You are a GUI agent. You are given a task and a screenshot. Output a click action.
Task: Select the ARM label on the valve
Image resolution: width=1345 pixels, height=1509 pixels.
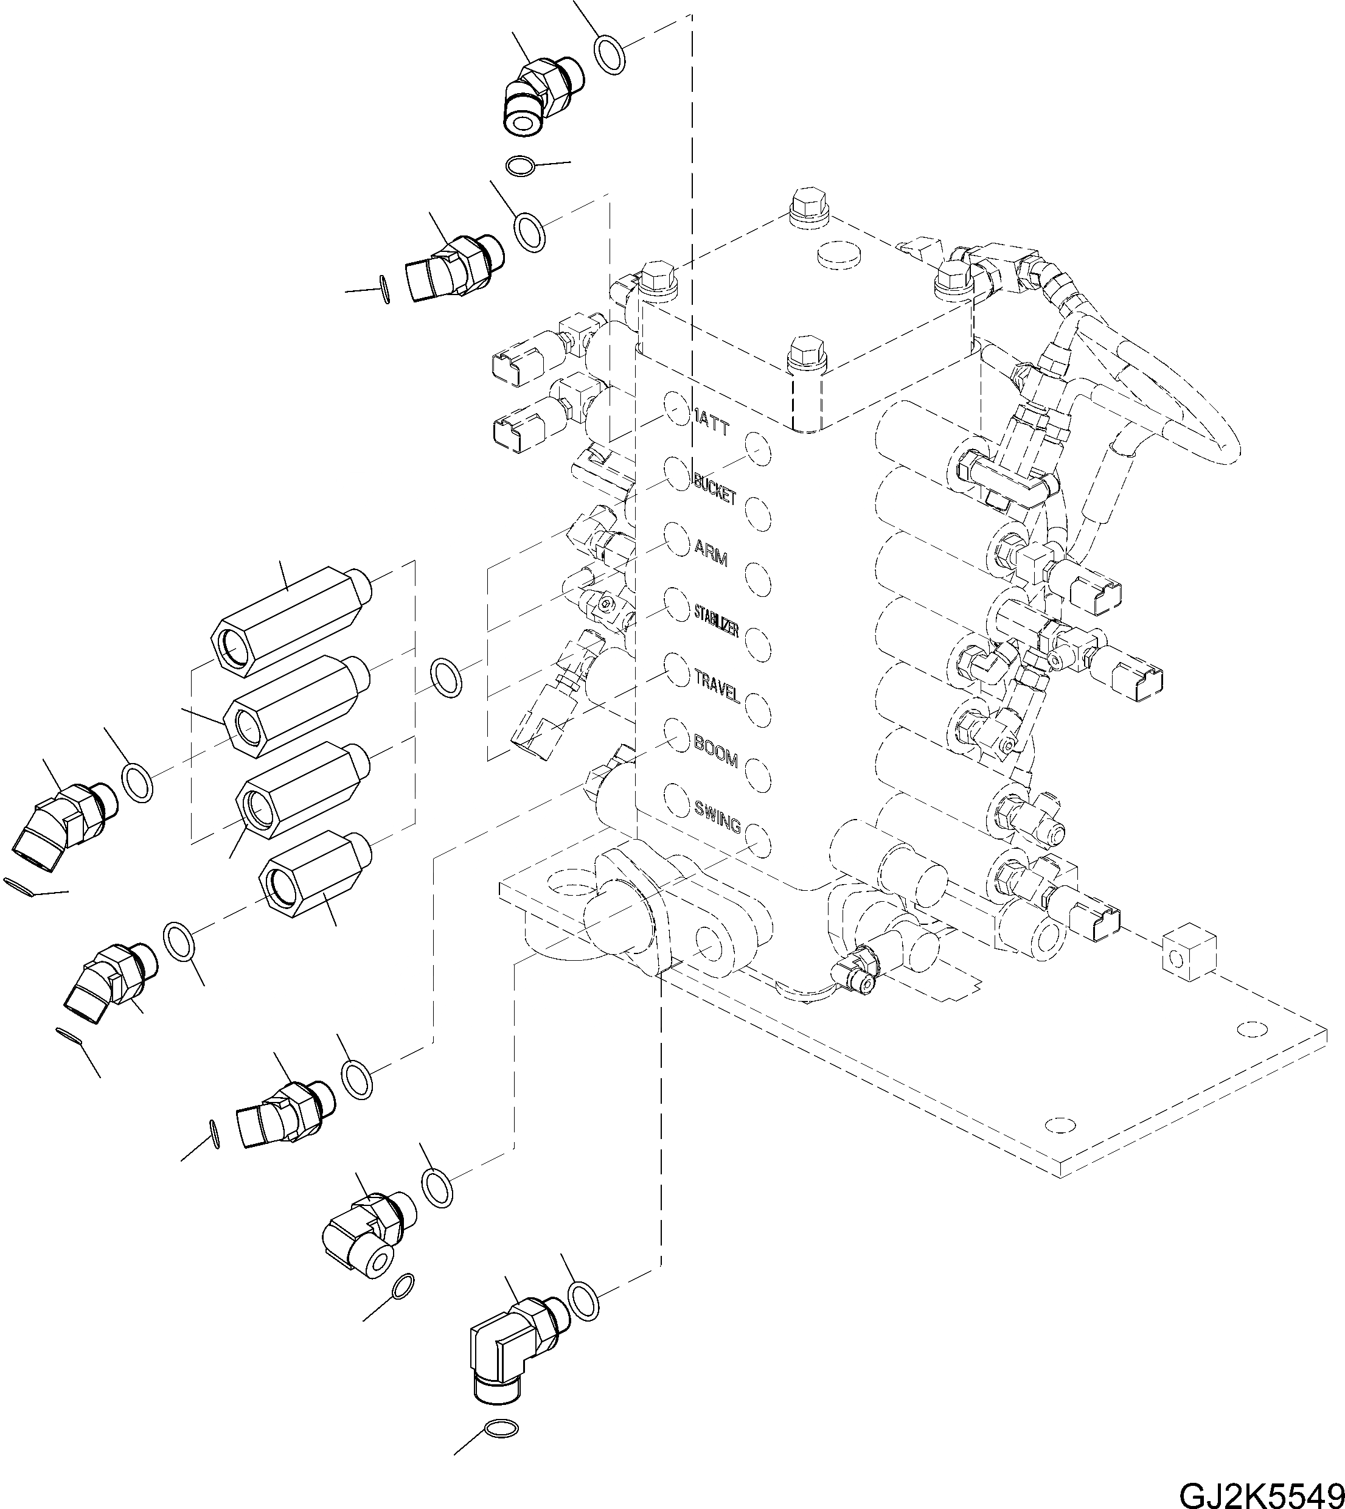tap(711, 552)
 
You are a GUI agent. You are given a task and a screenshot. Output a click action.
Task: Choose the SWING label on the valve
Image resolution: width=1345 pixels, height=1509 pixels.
tap(717, 815)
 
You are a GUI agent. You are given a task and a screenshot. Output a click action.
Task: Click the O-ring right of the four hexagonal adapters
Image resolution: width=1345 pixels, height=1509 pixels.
tap(446, 677)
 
